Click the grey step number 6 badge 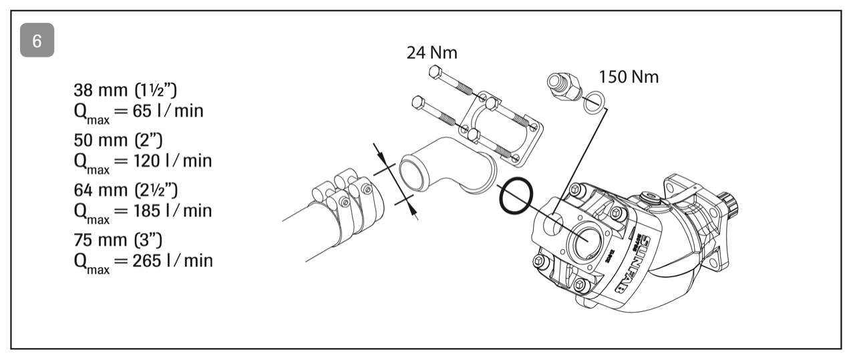coord(37,40)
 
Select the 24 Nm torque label coord(432,53)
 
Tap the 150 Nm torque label coord(629,77)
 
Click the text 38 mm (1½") coord(125,90)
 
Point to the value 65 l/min coord(168,111)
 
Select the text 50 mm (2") coord(118,140)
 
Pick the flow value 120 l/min coord(172,161)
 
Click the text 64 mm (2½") coord(126,190)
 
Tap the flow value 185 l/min coord(172,211)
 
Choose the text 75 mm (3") coord(118,240)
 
